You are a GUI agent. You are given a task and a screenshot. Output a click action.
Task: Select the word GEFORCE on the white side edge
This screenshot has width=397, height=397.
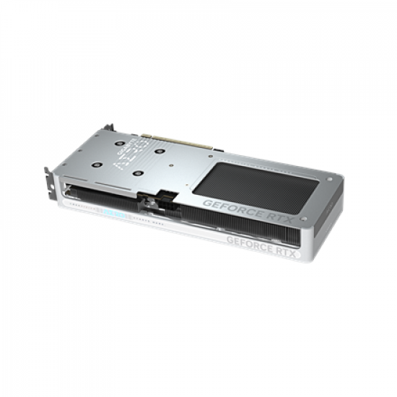pyautogui.click(x=250, y=240)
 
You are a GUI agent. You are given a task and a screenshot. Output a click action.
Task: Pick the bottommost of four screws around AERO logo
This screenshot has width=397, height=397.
pyautogui.click(x=137, y=173)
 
